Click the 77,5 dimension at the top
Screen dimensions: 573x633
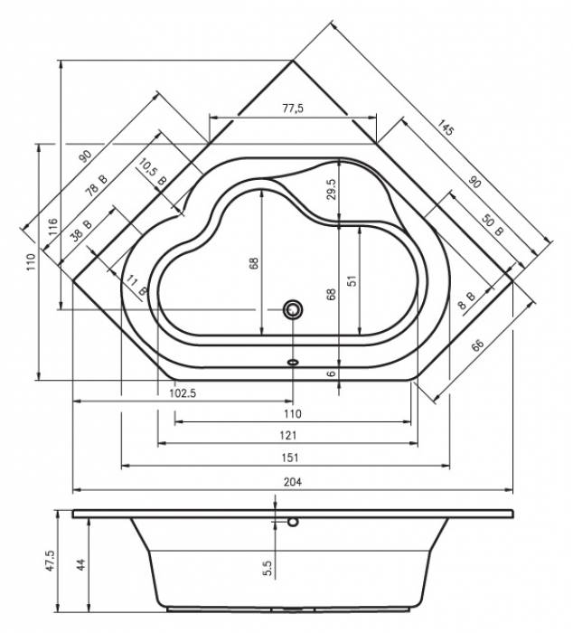pos(293,109)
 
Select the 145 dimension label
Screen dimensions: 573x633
pos(446,128)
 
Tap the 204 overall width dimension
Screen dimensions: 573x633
pos(293,482)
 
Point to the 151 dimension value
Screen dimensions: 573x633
pos(290,458)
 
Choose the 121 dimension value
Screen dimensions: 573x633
pos(288,435)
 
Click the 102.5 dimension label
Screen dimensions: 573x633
pos(183,393)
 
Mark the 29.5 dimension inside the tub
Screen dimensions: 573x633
pos(332,189)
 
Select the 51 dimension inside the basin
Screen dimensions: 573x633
pos(352,280)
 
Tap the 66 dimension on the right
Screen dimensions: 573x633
pos(477,345)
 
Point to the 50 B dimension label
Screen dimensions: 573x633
pos(493,226)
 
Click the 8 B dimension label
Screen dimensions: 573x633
pos(467,300)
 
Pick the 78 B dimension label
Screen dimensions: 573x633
pos(97,184)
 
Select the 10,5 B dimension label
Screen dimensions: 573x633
pos(153,172)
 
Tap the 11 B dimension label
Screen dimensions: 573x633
pos(136,285)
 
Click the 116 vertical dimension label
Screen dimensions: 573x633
pos(52,227)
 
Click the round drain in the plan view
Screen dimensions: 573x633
pos(293,309)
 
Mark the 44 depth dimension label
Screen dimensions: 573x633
pos(81,564)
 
